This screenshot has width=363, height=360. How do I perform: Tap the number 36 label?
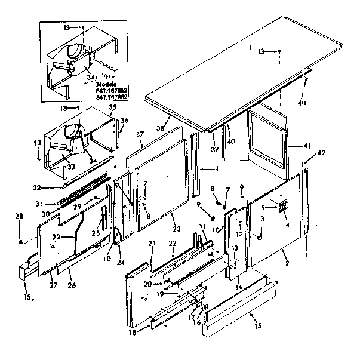pos(124,120)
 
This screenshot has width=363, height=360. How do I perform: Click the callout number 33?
pos(72,167)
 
